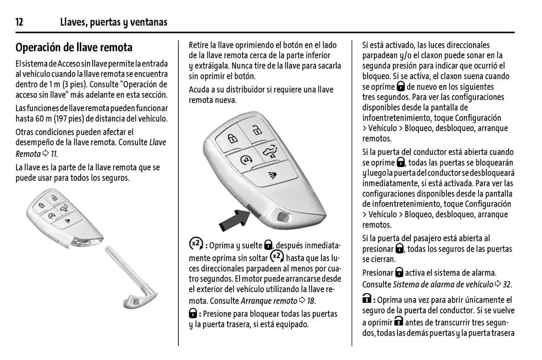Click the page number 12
(x=20, y=22)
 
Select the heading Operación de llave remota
(x=74, y=48)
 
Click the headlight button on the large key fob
(x=270, y=175)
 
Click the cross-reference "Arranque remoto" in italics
(x=269, y=301)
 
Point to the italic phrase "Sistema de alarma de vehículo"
(x=443, y=284)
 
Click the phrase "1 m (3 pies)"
(x=66, y=84)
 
